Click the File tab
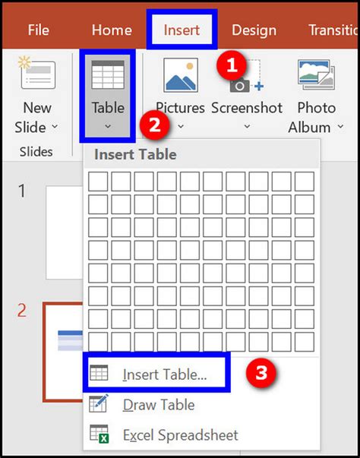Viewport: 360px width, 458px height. tap(38, 30)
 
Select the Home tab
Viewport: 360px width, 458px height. tap(112, 30)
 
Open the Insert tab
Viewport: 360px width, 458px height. tap(182, 30)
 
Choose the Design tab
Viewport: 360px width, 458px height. tap(254, 30)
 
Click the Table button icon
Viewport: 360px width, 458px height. tap(108, 77)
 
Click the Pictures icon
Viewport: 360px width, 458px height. tap(181, 76)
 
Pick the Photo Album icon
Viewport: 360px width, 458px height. tap(316, 76)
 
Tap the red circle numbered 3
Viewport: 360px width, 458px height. tap(261, 373)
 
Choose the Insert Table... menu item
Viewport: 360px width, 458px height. tap(175, 374)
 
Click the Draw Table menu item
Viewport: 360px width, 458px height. tap(159, 405)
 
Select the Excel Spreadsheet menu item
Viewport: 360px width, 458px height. tap(180, 436)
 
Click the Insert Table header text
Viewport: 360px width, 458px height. tap(135, 155)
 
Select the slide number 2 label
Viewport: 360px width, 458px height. tap(22, 310)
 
